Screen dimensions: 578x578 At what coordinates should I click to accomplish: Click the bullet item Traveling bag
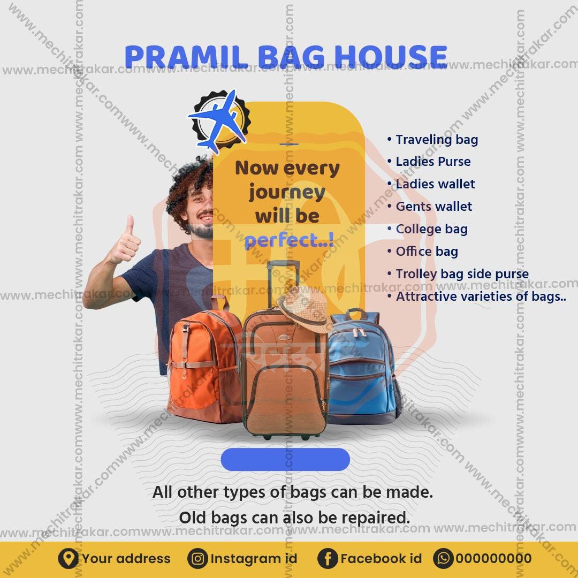[436, 140]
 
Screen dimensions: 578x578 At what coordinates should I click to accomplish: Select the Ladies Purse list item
[432, 162]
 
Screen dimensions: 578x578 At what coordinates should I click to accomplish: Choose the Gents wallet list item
[433, 207]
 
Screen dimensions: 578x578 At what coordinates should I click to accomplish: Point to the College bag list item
[431, 229]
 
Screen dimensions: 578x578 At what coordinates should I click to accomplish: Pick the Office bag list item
[427, 252]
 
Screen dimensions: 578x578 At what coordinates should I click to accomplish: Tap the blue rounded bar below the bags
[285, 460]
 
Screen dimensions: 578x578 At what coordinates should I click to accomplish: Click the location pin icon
[68, 559]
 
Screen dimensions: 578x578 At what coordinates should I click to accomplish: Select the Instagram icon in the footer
[197, 559]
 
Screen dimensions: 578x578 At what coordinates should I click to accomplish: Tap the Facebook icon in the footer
[328, 559]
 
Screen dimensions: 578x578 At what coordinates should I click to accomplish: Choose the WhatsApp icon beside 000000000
[443, 559]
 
